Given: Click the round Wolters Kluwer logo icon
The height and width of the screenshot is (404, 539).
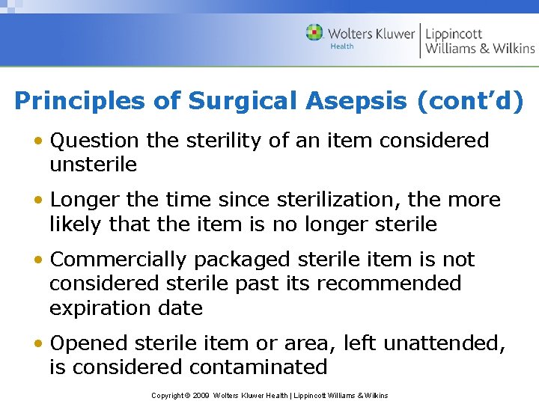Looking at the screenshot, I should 315,33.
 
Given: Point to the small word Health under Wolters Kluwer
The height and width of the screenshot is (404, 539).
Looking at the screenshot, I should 341,46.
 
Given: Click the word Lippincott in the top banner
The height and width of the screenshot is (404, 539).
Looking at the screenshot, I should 454,34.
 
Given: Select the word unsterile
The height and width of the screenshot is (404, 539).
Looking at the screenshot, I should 93,165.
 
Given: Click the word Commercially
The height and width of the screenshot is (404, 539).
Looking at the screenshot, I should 118,260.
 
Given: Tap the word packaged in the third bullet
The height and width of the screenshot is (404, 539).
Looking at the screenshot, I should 241,260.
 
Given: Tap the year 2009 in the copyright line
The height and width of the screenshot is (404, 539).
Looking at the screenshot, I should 200,395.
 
